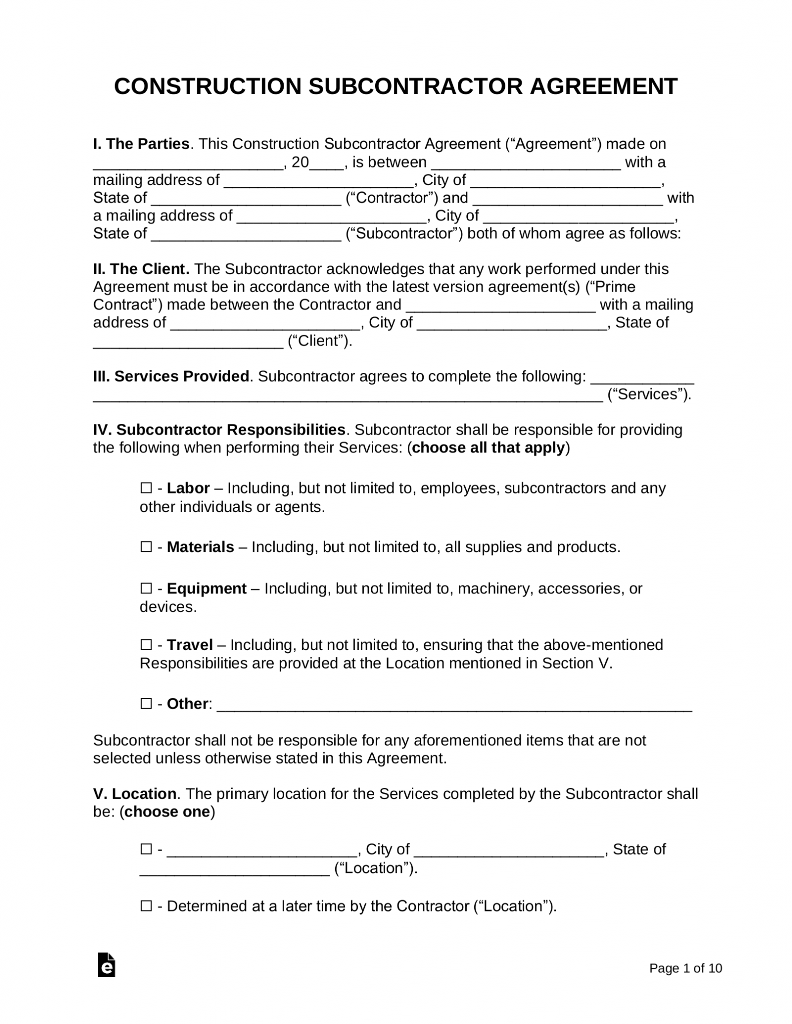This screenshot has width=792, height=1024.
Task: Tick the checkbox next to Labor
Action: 146,488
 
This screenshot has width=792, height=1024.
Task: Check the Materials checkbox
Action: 146,547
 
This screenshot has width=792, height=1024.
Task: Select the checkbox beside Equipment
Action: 146,588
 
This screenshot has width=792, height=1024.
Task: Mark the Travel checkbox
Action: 146,645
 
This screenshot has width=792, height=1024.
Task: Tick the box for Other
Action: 146,704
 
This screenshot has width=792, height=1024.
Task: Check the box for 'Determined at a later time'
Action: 146,906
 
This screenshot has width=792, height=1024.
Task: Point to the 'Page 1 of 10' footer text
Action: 685,968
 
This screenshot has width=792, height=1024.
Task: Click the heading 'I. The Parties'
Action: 141,144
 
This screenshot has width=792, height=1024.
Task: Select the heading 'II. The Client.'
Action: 141,269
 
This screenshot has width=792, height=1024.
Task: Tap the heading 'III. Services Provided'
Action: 171,376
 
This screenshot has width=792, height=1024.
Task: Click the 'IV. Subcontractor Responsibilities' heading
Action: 219,430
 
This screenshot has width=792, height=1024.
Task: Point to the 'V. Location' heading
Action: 134,794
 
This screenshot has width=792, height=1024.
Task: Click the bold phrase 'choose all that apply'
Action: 488,447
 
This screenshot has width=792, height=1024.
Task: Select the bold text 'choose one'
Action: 167,812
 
